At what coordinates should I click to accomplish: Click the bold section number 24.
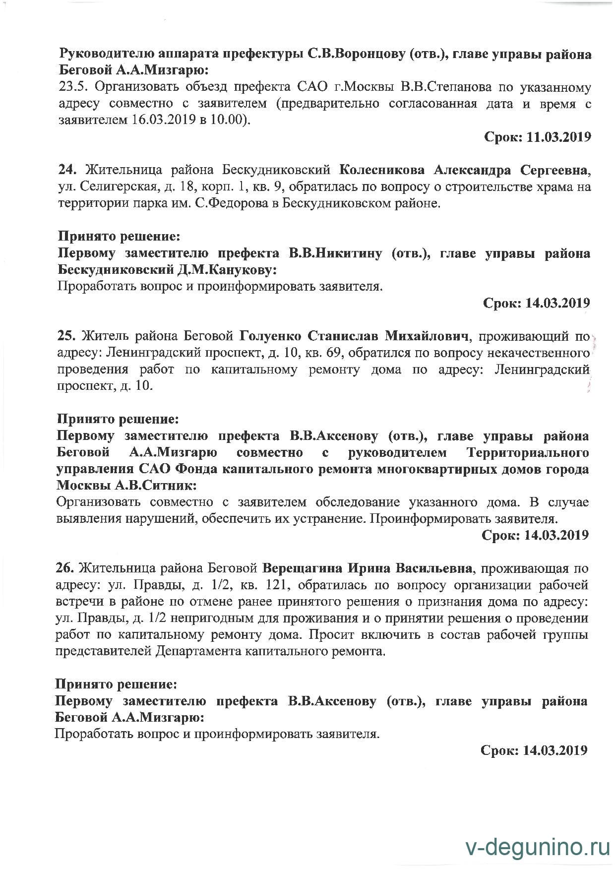pyautogui.click(x=67, y=170)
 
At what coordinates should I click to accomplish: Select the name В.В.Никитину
pyautogui.click(x=335, y=253)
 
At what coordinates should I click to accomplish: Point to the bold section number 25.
pyautogui.click(x=66, y=336)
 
